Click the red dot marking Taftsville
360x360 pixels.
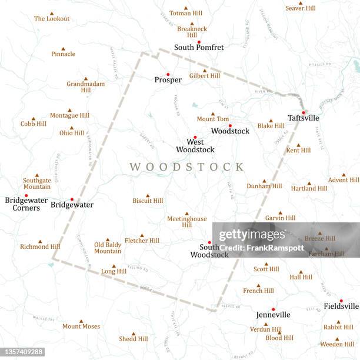tap(304, 112)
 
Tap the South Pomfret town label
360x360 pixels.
tap(199, 48)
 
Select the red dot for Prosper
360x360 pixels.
tap(168, 74)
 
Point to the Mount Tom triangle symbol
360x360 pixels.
tap(213, 114)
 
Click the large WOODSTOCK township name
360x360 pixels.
tap(186, 167)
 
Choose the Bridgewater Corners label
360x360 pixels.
tap(22, 204)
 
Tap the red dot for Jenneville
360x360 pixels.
tap(273, 309)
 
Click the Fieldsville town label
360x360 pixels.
tap(341, 306)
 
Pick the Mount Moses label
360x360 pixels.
tap(81, 326)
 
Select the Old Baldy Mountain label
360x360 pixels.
tap(108, 248)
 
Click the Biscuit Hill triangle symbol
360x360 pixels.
tap(148, 196)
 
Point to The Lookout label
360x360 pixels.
tap(52, 19)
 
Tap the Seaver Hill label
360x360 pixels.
tap(300, 8)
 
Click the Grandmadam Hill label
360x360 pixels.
tap(85, 87)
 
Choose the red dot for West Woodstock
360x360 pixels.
tap(195, 137)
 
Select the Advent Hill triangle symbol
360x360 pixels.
tap(344, 175)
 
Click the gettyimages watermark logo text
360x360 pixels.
tap(252, 235)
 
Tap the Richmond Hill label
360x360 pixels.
tap(40, 247)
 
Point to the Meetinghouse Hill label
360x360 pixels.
tap(186, 222)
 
